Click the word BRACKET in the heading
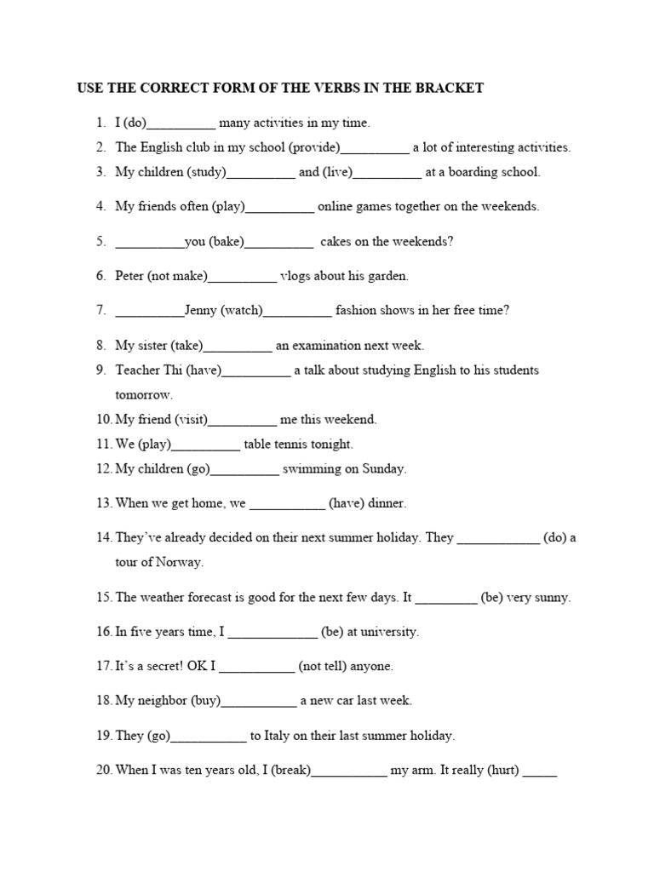tap(450, 88)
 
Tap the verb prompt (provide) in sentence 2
tap(314, 147)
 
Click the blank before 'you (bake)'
tap(150, 243)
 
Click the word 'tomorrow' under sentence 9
tap(144, 394)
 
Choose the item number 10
tap(104, 419)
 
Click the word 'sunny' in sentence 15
tap(550, 597)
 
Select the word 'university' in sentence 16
tap(387, 632)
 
